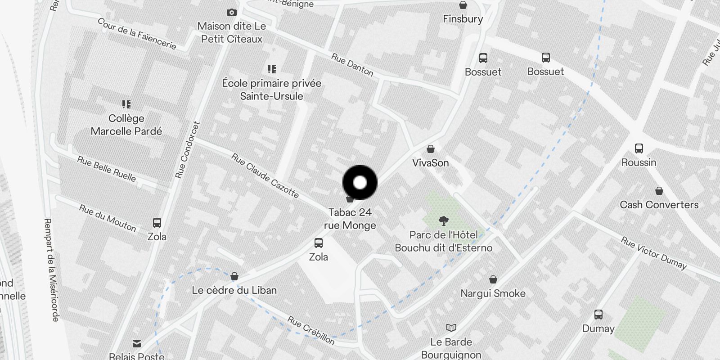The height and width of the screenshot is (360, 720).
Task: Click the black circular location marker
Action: tap(360, 183)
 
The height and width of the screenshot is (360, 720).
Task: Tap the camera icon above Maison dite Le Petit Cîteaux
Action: tap(232, 12)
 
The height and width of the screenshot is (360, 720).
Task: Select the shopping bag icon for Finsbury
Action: tap(463, 5)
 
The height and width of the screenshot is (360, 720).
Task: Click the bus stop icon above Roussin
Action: tap(639, 148)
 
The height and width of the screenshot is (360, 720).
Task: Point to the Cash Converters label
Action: tap(659, 205)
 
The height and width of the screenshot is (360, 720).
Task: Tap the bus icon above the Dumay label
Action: tap(598, 315)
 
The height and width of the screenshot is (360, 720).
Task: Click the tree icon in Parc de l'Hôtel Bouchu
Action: tap(444, 220)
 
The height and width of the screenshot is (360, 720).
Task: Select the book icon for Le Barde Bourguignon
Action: tap(451, 328)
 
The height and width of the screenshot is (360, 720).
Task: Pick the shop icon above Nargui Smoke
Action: tap(493, 279)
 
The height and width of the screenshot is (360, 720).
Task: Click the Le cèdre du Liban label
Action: tap(234, 290)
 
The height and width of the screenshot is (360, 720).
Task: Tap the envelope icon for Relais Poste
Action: tap(137, 344)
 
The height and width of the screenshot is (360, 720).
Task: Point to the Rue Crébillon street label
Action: tap(311, 330)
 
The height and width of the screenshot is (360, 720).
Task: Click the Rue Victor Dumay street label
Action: tap(653, 253)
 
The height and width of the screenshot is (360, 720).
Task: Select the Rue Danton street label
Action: tap(352, 65)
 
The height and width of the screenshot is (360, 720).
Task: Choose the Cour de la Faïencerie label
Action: tap(137, 34)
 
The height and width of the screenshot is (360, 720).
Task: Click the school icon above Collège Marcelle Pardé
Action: tap(126, 104)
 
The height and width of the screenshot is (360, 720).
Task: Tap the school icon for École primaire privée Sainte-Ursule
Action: tap(271, 69)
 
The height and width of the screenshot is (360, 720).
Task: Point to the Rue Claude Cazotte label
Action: tap(265, 175)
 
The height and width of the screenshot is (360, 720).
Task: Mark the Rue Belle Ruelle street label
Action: tap(106, 169)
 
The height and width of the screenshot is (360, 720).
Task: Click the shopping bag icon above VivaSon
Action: tap(431, 149)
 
